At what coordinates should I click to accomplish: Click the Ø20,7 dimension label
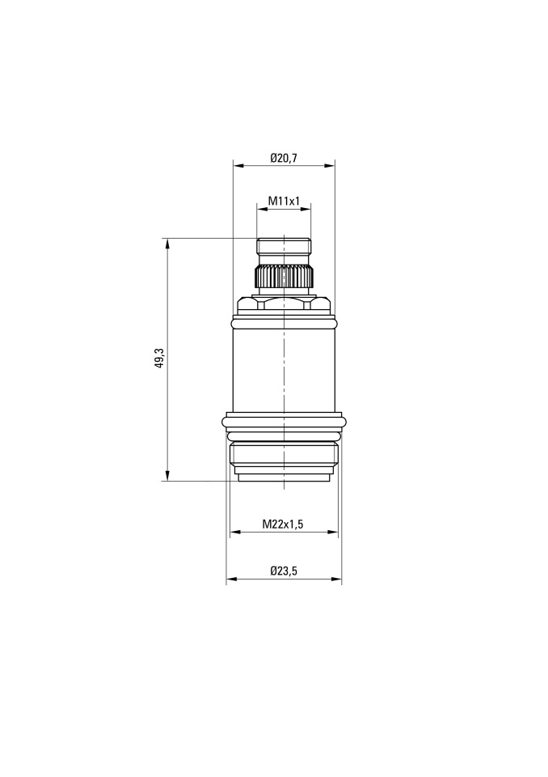[x=284, y=158]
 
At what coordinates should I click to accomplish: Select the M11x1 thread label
[x=285, y=201]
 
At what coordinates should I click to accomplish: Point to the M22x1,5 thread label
[x=283, y=524]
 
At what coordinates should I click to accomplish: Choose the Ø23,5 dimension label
[x=284, y=571]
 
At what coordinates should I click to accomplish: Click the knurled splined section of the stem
[x=284, y=276]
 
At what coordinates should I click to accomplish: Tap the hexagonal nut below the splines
[x=284, y=304]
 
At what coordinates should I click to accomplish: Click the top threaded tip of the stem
[x=284, y=246]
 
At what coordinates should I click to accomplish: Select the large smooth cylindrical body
[x=284, y=370]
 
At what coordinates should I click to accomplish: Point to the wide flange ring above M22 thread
[x=284, y=421]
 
